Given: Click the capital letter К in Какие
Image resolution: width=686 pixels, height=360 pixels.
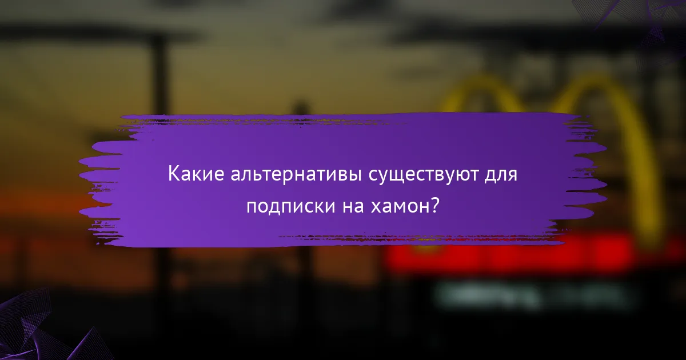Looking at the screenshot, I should click(x=173, y=174).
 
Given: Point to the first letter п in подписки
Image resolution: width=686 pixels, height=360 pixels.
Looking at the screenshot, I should click(x=251, y=207).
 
